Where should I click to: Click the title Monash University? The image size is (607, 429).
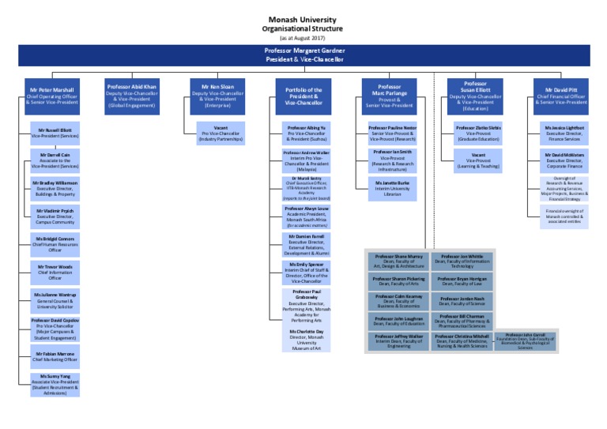click(x=303, y=19)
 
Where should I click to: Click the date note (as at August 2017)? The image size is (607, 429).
click(x=303, y=37)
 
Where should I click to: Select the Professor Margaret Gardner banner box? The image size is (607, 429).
click(x=303, y=55)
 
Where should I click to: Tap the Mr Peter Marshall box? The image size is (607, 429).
click(x=52, y=95)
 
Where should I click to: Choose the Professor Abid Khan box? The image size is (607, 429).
click(x=132, y=95)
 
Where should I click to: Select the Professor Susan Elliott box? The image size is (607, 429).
click(x=474, y=95)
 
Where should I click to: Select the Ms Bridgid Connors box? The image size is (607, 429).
click(x=55, y=243)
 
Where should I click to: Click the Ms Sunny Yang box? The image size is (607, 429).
click(x=55, y=385)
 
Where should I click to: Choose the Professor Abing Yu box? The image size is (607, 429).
click(x=307, y=133)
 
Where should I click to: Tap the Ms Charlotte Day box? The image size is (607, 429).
click(x=307, y=339)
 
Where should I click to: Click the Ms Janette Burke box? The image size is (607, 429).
click(x=393, y=189)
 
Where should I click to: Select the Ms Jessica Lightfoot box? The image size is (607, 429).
click(x=564, y=133)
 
